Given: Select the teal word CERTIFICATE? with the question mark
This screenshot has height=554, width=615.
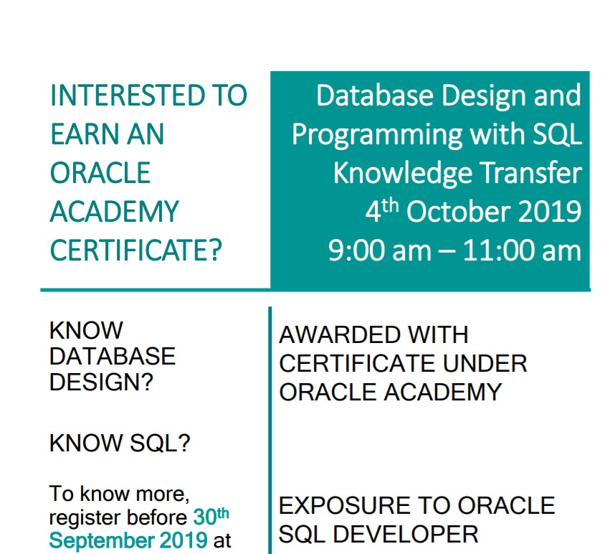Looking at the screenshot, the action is [x=135, y=250].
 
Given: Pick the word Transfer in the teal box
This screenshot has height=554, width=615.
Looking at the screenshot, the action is [x=531, y=172].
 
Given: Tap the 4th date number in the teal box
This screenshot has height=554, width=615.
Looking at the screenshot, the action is [x=381, y=210].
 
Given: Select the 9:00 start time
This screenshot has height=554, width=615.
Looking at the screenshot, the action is [x=356, y=250].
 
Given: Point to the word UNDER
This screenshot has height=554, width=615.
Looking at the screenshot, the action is [x=485, y=364].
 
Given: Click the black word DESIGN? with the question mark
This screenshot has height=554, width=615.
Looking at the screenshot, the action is [x=101, y=382].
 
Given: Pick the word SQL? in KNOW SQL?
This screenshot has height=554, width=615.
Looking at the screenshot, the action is [x=160, y=443].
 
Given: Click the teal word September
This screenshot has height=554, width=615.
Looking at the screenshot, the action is [x=102, y=540].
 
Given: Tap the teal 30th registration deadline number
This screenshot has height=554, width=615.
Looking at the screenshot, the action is [x=211, y=516].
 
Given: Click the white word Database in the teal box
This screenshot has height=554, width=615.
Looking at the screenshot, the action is [x=375, y=95].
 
